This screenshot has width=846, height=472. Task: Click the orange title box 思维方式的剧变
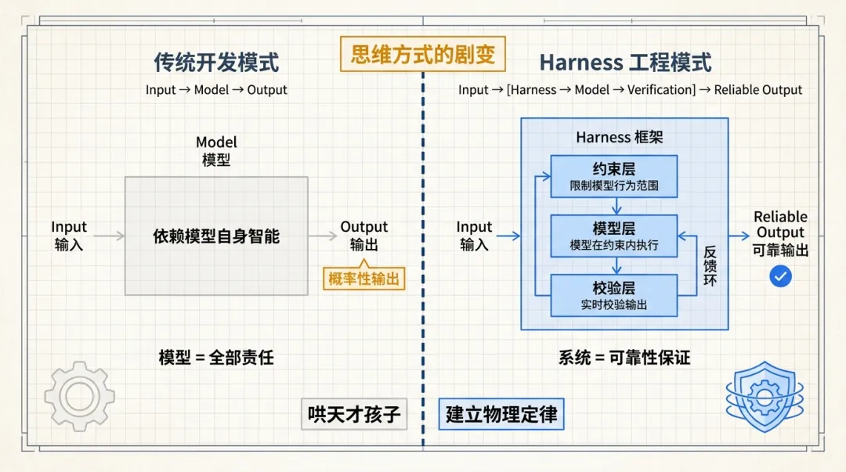coord(423,55)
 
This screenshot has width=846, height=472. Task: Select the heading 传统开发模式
coord(216,62)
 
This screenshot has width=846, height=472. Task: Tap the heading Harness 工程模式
coord(625,62)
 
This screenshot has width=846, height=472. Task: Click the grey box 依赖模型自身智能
coord(216,236)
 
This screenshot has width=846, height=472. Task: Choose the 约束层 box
coord(613,176)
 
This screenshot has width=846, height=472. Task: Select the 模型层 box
coord(613,236)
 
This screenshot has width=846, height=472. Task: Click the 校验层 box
coord(613,295)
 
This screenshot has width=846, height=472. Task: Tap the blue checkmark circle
coord(780,276)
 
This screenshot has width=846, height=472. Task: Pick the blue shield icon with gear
coord(764,396)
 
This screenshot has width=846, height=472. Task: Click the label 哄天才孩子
coord(354,414)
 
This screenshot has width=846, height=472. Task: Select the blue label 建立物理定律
coord(501,414)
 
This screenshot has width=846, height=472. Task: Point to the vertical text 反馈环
coord(710,266)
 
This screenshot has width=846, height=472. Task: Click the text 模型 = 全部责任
coord(216,358)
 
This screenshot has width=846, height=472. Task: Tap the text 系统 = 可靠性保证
coord(624,358)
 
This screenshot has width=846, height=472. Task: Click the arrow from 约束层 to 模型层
coord(617,206)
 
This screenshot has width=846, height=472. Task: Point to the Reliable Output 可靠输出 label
coord(780,233)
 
